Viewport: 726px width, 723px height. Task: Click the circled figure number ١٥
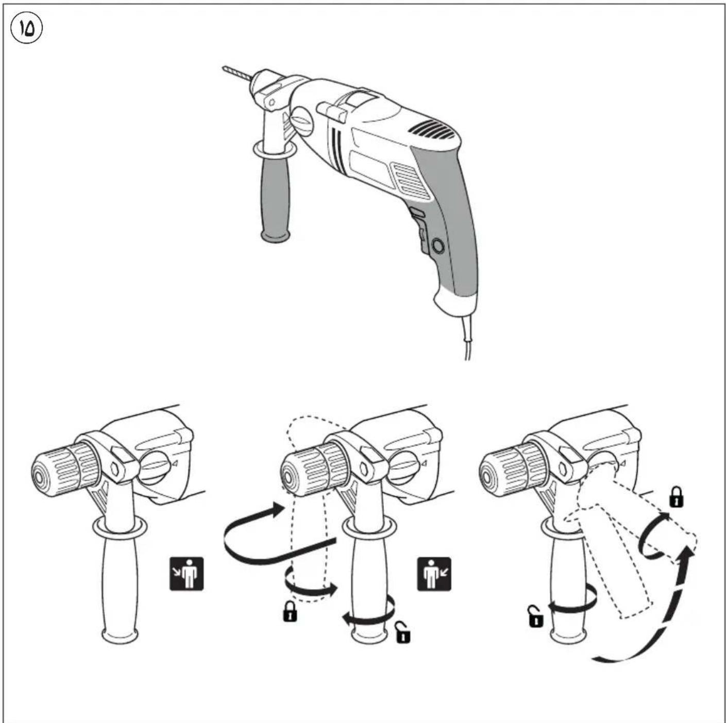(x=26, y=29)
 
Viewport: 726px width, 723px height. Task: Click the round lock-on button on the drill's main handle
(x=438, y=246)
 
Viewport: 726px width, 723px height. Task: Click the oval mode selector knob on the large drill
(x=301, y=122)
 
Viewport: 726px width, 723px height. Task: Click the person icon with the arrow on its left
(x=187, y=573)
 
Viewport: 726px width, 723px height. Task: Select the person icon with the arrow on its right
(x=434, y=573)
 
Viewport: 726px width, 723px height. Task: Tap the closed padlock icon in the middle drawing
(x=290, y=612)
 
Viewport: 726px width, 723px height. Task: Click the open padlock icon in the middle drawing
(x=403, y=633)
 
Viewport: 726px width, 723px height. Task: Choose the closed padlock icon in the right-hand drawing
(x=676, y=498)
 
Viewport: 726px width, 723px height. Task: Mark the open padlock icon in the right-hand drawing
(x=535, y=616)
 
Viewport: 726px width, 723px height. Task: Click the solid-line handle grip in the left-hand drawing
(x=120, y=582)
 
